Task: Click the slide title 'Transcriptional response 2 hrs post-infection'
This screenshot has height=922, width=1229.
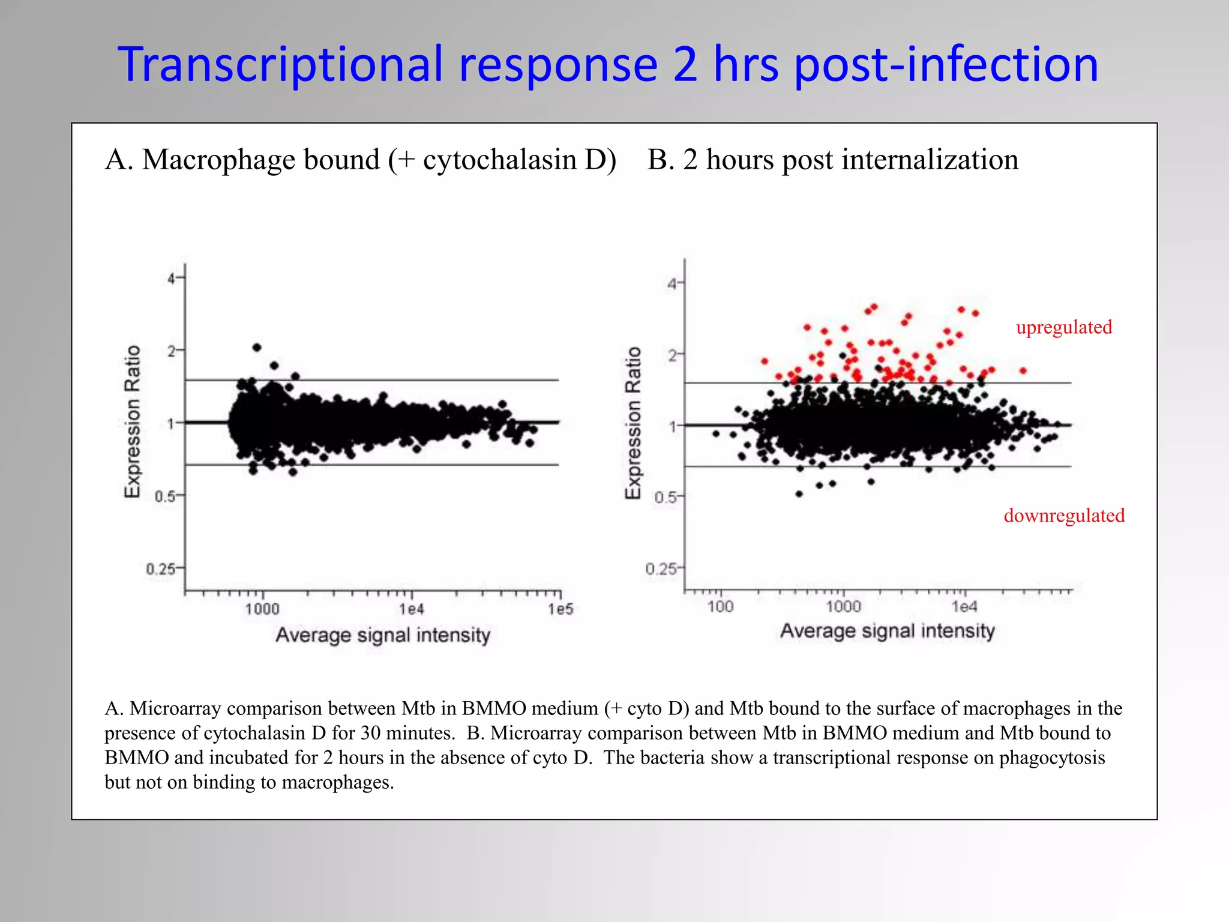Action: (607, 65)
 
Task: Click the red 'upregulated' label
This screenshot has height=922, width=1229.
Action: (1063, 327)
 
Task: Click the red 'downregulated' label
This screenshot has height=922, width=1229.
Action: (1063, 516)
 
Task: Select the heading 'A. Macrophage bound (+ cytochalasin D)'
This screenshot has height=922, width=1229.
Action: (360, 160)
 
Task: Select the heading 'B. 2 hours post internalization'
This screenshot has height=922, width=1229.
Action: (832, 160)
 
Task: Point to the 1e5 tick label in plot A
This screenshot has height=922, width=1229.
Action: (560, 610)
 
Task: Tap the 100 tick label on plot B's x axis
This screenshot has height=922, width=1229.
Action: (720, 607)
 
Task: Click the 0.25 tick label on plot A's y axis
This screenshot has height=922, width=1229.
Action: (160, 568)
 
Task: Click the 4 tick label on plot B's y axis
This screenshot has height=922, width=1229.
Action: (673, 284)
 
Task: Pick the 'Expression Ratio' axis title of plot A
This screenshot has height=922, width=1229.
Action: (133, 421)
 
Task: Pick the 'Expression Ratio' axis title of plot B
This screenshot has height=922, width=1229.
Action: (633, 423)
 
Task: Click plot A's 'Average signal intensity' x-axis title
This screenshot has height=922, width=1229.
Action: (383, 635)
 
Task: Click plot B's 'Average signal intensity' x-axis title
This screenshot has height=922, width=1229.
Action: (887, 631)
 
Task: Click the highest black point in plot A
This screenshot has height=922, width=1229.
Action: (257, 348)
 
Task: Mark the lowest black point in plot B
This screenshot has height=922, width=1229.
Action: (799, 494)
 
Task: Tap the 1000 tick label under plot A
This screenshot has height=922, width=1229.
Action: (262, 610)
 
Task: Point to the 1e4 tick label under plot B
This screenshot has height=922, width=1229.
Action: (964, 607)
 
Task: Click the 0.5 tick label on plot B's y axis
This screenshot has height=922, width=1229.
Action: (665, 498)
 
